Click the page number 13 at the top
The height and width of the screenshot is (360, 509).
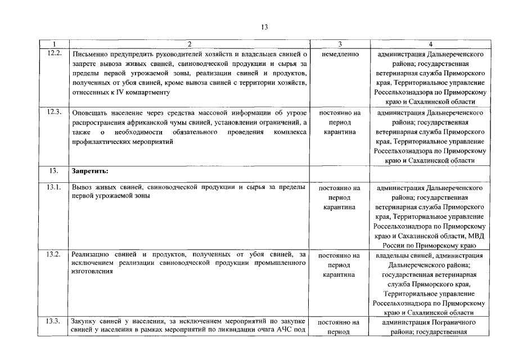pyautogui.click(x=264, y=26)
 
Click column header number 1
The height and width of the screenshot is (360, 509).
pyautogui.click(x=54, y=44)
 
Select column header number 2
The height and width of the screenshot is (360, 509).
pyautogui.click(x=189, y=44)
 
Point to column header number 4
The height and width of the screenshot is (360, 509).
pyautogui.click(x=430, y=44)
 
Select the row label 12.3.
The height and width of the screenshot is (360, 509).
pyautogui.click(x=54, y=112)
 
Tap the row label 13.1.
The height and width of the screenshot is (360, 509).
pyautogui.click(x=54, y=187)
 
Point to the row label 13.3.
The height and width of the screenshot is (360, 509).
pyautogui.click(x=54, y=321)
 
